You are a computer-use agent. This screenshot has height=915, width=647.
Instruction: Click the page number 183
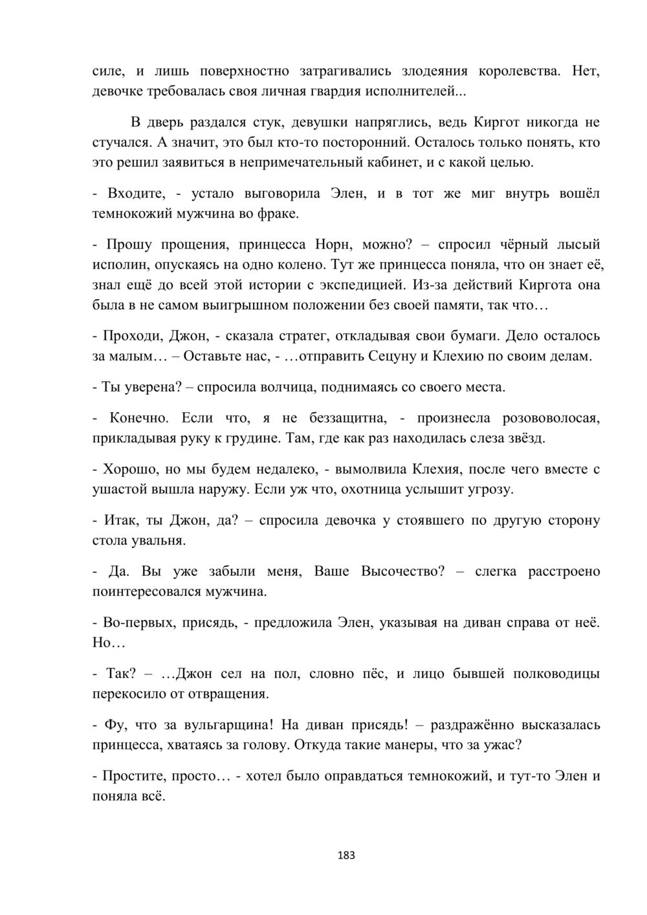click(347, 855)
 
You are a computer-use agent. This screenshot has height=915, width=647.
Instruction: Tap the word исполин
click(118, 265)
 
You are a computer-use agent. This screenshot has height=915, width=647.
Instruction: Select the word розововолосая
click(523, 419)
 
